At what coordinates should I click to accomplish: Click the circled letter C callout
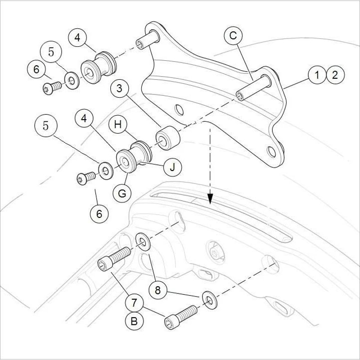(x=234, y=36)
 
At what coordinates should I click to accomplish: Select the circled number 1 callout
(x=317, y=75)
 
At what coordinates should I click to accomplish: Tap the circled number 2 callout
(x=334, y=75)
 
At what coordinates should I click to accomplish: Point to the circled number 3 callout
(x=119, y=89)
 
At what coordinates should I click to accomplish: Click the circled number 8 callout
(x=157, y=291)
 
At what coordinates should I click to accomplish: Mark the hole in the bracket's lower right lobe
(x=271, y=152)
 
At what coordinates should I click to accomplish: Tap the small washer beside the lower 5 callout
(x=106, y=171)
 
